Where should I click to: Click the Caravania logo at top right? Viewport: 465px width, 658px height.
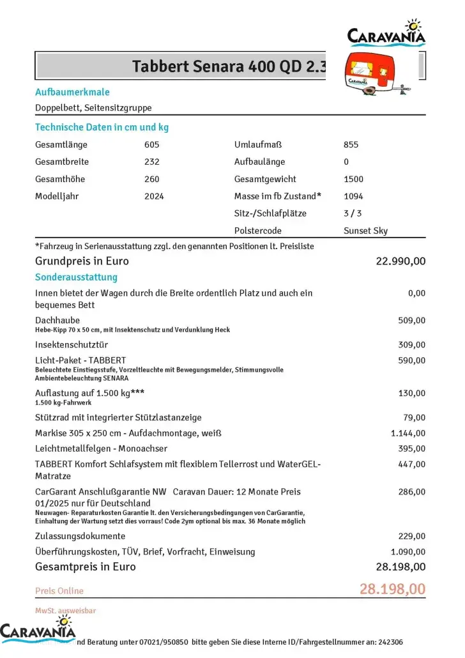[386, 34]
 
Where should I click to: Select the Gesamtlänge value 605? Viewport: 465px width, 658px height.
[152, 144]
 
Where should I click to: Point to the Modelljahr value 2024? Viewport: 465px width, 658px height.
[154, 196]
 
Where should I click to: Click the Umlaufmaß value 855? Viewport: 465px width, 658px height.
[351, 144]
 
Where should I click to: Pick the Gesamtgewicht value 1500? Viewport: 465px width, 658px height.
[353, 179]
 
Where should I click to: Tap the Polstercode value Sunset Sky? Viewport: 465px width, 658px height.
[365, 231]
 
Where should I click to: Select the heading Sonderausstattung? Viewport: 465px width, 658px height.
[76, 277]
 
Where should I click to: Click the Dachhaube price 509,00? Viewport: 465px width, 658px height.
[411, 320]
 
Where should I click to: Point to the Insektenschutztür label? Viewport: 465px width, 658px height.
[70, 345]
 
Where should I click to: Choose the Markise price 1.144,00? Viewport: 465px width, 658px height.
[408, 433]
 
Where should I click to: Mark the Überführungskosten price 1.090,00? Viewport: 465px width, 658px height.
[408, 551]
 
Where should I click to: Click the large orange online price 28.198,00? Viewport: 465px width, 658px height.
[392, 588]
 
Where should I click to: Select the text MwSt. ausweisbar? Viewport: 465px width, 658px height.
[65, 611]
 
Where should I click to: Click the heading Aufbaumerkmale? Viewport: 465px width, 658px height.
[72, 92]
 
